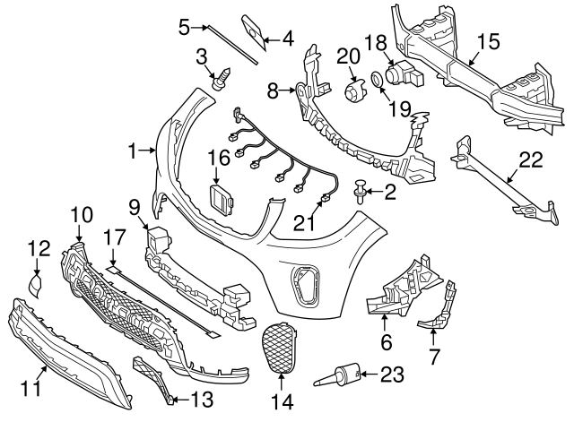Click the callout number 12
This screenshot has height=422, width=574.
[x=39, y=248]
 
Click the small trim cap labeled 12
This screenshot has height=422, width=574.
[x=35, y=285]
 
